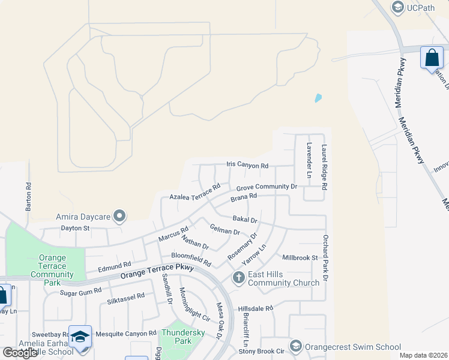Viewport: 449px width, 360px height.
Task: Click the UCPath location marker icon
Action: tap(397, 8)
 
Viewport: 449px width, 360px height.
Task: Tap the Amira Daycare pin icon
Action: tap(119, 215)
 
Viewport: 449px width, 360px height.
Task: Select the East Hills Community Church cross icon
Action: tap(238, 278)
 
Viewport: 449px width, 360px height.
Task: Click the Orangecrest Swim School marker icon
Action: tap(295, 346)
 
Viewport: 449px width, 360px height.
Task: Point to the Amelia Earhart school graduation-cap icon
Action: tap(80, 335)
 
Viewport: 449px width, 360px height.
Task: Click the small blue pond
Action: tap(318, 97)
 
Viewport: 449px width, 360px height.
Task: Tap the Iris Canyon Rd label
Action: tap(247, 165)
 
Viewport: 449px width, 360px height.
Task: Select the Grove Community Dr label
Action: tap(267, 187)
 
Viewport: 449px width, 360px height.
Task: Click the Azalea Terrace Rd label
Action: tap(195, 194)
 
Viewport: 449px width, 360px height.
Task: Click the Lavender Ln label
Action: tap(309, 160)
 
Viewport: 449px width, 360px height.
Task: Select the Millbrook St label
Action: tap(300, 257)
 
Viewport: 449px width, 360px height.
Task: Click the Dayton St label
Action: tap(74, 228)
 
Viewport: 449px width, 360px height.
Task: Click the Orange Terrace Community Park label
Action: tap(52, 266)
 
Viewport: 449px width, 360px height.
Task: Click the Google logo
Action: tap(20, 353)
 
